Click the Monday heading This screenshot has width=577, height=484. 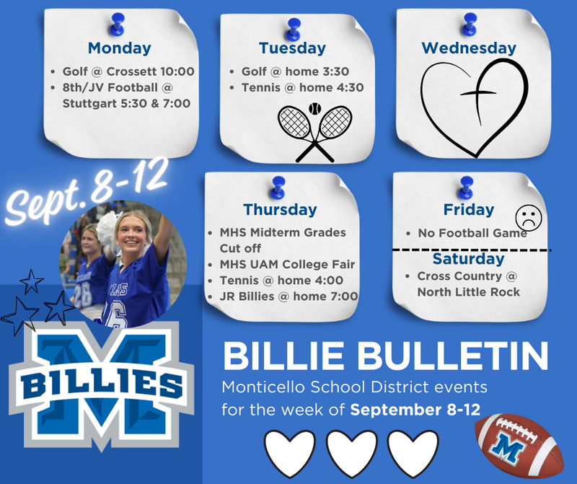point(119,48)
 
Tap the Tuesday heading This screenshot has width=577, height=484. point(292,48)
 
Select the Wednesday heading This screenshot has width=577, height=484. point(469,48)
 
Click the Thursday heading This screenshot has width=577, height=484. point(280,209)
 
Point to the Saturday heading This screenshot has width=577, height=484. point(468,258)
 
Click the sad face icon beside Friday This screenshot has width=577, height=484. point(528,218)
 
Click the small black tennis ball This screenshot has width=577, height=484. point(314,108)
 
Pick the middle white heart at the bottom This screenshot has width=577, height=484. point(351,453)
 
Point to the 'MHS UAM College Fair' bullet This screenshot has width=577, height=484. point(286,264)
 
